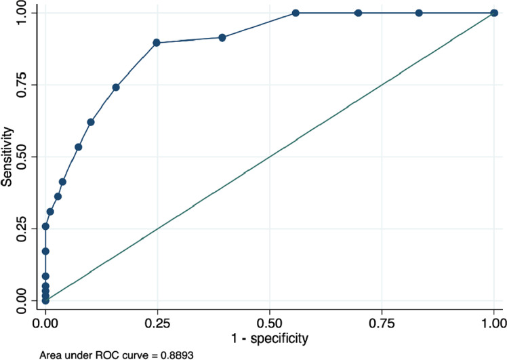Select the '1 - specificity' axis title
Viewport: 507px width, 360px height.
[269, 337]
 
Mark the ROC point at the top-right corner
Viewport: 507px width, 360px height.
[493, 13]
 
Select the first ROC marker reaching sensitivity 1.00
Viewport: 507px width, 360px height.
[296, 13]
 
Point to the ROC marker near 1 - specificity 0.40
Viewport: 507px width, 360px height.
[222, 37]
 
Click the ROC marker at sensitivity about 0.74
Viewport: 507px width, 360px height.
[116, 87]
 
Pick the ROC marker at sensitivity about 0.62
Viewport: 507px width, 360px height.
[91, 122]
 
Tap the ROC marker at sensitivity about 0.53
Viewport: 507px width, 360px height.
[79, 147]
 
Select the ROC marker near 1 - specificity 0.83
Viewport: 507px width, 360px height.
[419, 13]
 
